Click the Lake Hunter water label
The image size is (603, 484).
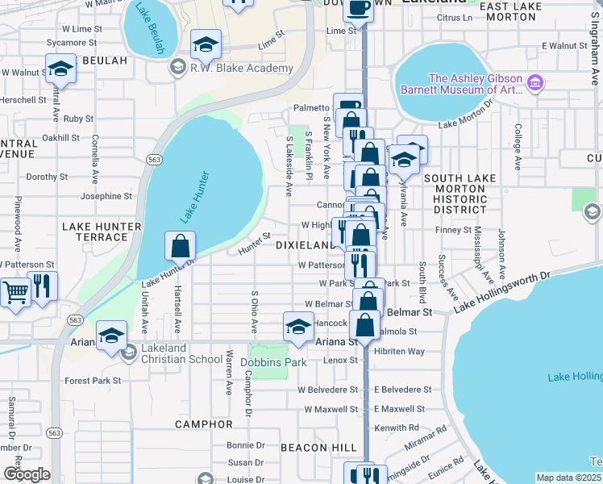coord(194,198)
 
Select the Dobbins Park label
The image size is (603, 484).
coord(273,362)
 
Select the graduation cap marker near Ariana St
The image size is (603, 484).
coord(111,335)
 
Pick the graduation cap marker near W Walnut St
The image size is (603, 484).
coord(60,69)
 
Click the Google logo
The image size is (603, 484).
coord(26,474)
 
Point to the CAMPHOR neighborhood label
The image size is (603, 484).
coord(205,423)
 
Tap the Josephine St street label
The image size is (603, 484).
coord(106,196)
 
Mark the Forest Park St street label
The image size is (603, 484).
coord(93,381)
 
